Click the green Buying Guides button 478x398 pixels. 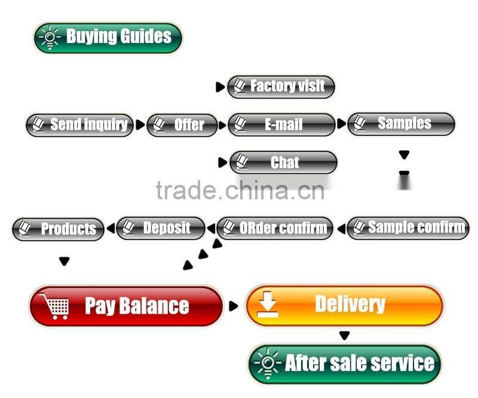[108, 38]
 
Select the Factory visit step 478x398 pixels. [281, 87]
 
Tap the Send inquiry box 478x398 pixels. [79, 125]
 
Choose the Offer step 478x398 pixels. [182, 125]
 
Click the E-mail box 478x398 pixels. [281, 124]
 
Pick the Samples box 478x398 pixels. [401, 124]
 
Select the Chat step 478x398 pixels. [283, 162]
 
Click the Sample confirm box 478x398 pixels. [408, 228]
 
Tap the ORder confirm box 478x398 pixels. [275, 228]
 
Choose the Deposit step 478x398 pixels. [161, 228]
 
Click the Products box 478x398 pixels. [58, 229]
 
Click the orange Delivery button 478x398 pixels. [344, 305]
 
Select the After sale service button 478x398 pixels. [345, 364]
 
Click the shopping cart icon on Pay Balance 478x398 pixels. [54, 306]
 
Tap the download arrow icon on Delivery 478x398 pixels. [267, 305]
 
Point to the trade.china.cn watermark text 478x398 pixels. [240, 190]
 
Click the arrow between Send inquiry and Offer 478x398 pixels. [140, 124]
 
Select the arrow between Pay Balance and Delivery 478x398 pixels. [233, 306]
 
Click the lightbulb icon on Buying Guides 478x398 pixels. [50, 38]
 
